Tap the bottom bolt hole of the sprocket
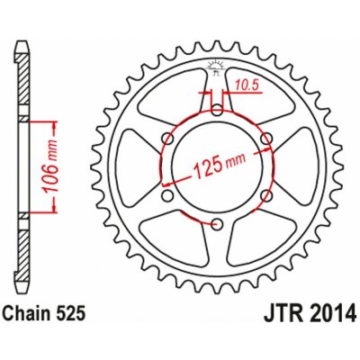(217, 222)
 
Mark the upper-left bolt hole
(167, 138)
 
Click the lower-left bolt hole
(167, 194)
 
